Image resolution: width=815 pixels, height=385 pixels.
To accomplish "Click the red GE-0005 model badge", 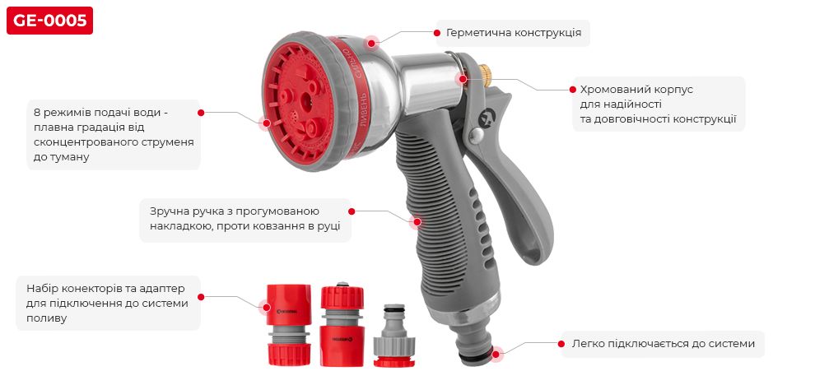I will (49, 21).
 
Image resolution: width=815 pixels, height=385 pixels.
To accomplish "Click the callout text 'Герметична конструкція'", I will (514, 34).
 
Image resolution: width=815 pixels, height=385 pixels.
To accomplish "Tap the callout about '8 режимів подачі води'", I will (113, 134).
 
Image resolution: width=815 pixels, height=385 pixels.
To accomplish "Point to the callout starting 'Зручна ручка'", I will (244, 219).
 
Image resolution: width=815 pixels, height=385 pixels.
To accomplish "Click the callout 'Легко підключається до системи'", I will (663, 343).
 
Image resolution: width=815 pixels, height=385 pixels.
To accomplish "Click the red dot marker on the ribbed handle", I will (417, 220).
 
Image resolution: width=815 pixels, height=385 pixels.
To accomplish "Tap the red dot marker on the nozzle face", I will (265, 123).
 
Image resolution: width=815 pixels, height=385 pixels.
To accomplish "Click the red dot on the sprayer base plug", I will (496, 354).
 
